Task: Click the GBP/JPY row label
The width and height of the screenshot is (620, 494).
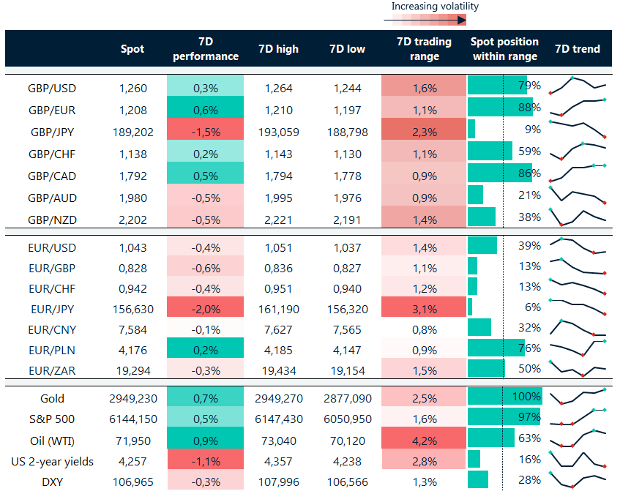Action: point(52,132)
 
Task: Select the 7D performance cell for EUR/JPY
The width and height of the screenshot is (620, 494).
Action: point(205,309)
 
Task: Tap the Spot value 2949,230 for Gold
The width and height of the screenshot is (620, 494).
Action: point(132,399)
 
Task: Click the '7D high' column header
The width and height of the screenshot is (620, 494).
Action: point(278,49)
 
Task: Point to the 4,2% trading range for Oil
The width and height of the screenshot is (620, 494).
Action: point(424,441)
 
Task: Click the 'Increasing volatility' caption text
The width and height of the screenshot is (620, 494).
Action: point(435,7)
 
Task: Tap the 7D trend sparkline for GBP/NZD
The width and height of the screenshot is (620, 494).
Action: point(578,217)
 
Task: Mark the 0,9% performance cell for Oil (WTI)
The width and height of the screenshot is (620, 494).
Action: point(205,441)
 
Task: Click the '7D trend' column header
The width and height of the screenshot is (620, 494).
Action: point(578,49)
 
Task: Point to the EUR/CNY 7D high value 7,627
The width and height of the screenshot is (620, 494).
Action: point(278,329)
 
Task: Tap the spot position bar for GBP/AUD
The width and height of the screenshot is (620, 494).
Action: point(476,195)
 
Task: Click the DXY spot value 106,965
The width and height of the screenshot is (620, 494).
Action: point(132,482)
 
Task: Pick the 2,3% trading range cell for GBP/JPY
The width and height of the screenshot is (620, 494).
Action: point(424,132)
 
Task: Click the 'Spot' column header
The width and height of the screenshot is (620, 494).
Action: point(132,49)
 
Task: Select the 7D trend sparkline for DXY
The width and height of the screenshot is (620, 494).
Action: point(578,481)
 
